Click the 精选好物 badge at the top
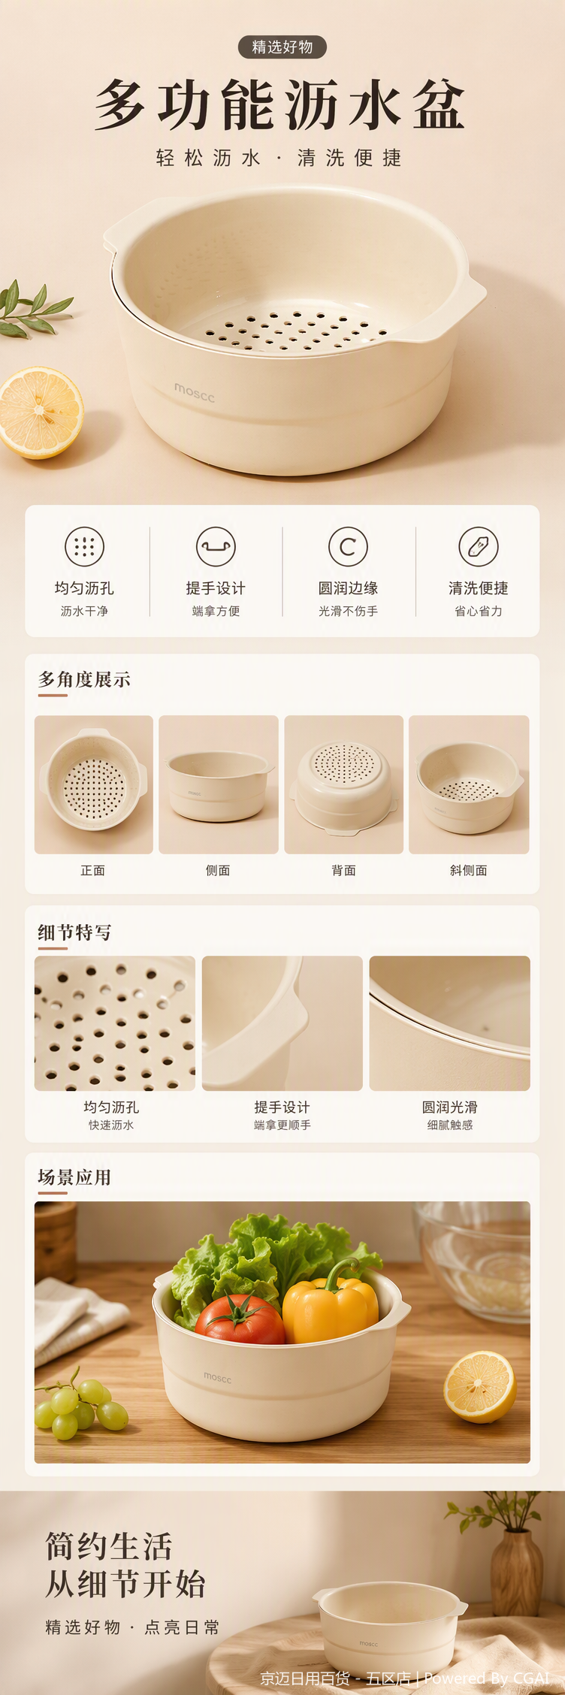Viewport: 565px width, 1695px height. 282,47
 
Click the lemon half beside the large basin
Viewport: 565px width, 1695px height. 41,412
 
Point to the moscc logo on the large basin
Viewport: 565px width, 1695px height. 195,391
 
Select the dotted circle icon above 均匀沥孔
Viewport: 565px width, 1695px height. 84,546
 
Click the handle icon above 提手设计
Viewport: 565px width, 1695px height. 216,546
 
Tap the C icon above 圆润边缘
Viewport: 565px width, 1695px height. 348,546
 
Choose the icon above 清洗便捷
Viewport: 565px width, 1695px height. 479,546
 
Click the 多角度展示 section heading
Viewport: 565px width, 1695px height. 84,679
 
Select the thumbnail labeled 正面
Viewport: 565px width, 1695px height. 94,784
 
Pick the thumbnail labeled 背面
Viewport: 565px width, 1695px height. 344,784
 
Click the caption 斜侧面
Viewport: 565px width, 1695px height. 469,870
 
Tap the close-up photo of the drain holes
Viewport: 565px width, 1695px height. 115,1023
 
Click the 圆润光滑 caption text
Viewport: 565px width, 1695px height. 450,1107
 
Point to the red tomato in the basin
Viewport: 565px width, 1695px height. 240,1319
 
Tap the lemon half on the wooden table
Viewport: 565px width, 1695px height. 480,1387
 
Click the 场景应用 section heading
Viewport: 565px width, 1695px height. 74,1177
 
